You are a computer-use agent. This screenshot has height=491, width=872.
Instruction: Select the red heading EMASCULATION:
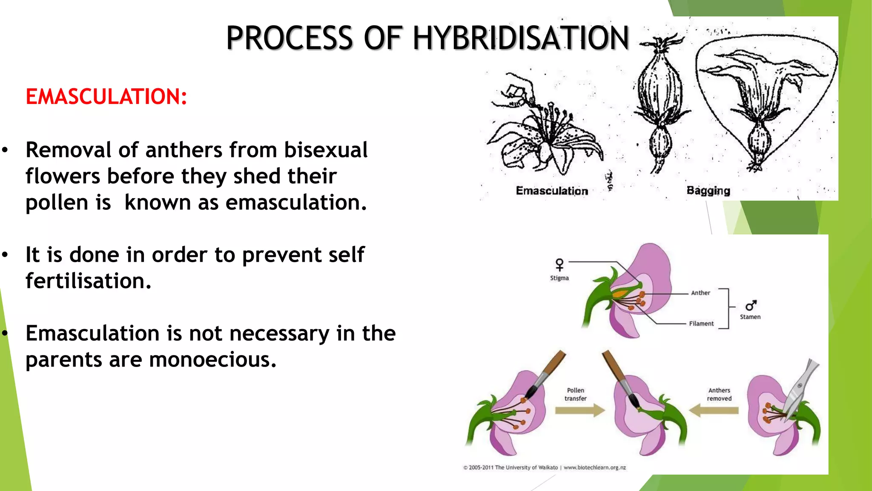point(106,97)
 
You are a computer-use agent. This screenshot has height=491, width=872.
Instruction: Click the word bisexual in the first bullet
point(326,150)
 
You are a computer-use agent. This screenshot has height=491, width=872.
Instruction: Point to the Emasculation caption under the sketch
point(552,191)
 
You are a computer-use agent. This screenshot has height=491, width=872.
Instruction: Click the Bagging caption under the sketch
point(708,191)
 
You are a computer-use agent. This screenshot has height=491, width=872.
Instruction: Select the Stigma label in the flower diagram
point(559,278)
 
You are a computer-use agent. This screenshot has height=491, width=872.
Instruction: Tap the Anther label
point(700,293)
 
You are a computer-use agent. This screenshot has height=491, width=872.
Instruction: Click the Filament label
point(701,323)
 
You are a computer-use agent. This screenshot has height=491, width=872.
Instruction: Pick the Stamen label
point(750,317)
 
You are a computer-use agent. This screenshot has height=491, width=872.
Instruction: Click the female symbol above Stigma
point(559,265)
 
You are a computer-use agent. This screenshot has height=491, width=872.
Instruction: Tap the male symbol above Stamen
point(751,306)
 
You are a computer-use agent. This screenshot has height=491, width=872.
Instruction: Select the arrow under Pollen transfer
point(580,410)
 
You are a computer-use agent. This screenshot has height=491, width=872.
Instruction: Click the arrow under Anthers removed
point(714,410)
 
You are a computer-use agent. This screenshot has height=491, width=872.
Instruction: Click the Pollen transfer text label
point(576,394)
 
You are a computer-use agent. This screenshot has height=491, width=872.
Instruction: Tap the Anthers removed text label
point(719,394)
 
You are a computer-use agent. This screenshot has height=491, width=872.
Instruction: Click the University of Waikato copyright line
point(545,468)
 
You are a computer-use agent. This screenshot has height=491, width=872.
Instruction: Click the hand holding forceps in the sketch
point(518,92)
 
